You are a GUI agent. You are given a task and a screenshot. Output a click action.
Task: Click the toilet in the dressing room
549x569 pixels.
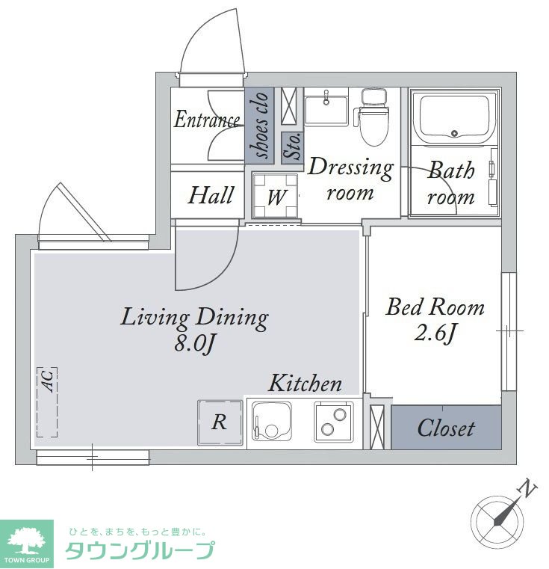pos(373,117)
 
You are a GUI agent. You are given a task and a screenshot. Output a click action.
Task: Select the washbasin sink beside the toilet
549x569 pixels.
pos(326,108)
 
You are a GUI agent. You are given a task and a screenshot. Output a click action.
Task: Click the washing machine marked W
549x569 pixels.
pos(276,195)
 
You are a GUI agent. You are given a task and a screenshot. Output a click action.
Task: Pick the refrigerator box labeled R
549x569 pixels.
pos(220,422)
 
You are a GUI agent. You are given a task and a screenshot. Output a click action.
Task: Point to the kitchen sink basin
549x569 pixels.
pos(272,421)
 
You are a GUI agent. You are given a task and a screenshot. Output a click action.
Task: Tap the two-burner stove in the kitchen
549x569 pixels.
pos(334,421)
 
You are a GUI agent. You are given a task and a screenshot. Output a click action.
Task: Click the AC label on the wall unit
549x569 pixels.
pos(49,381)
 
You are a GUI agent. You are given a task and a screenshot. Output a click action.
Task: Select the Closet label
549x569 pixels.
pos(446,428)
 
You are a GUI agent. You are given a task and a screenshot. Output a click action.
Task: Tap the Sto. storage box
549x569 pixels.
pos(293,147)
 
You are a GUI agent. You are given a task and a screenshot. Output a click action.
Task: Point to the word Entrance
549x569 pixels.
pos(206,120)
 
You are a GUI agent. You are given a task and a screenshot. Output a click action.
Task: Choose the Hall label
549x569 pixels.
pos(211,195)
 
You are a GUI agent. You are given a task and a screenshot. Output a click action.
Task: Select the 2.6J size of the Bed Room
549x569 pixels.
pos(435,333)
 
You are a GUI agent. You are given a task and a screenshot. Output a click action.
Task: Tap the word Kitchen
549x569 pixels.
pos(305,383)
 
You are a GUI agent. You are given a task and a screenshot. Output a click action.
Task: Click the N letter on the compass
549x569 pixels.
pos(527,490)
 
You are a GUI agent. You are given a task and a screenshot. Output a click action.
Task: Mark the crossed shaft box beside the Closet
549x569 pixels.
pos(376,427)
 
